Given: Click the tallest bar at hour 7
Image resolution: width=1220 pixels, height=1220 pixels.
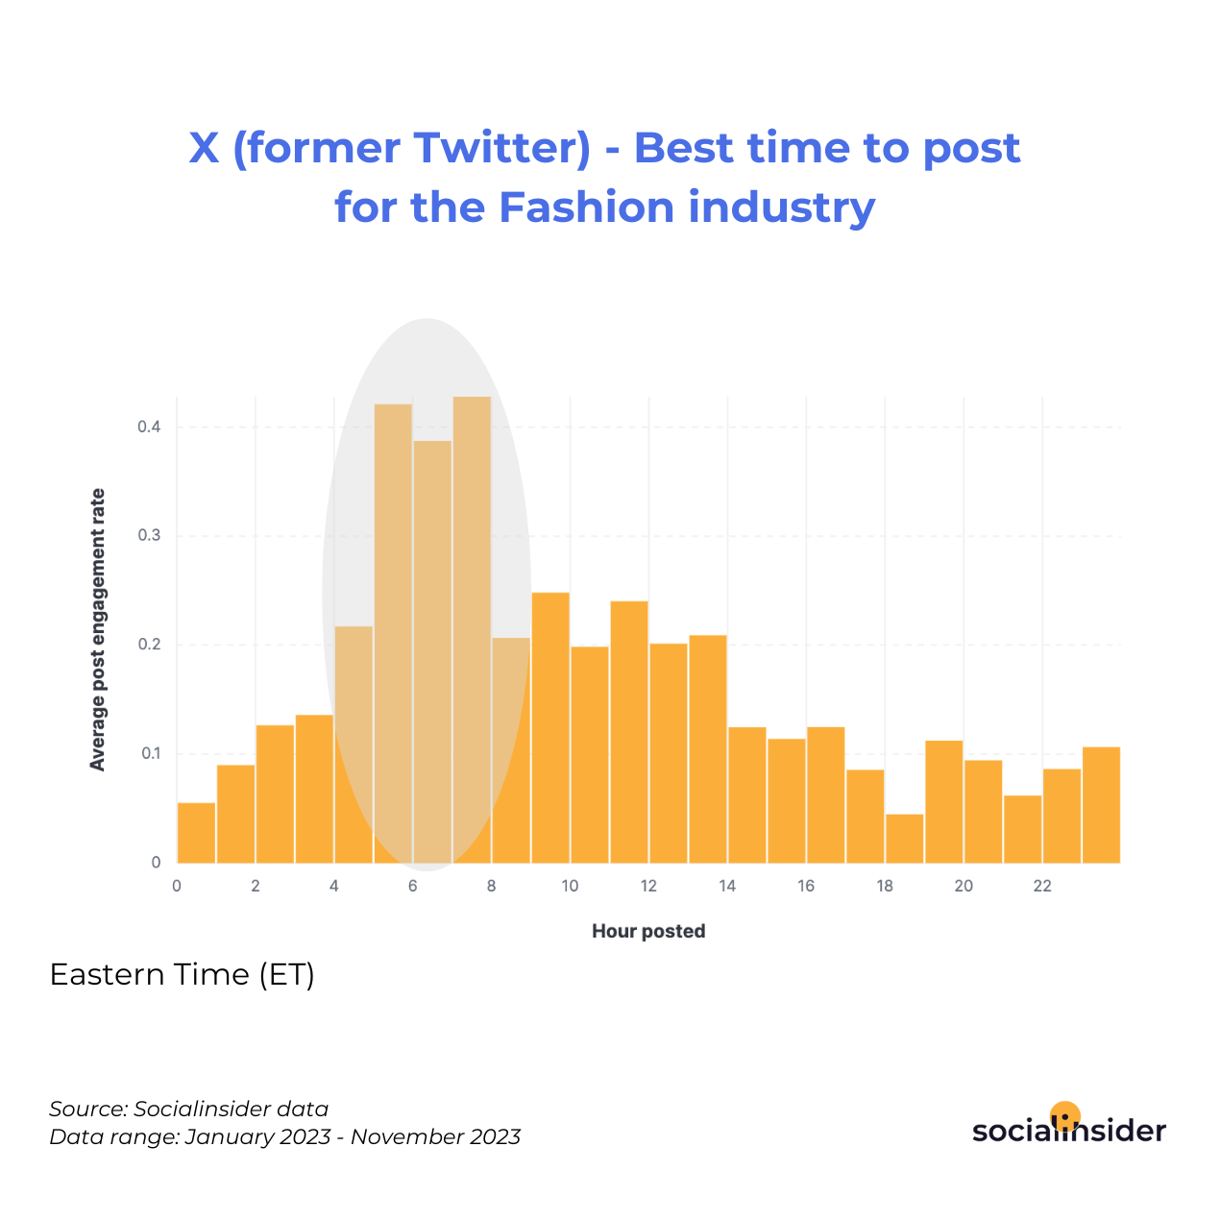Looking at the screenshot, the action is point(472,629).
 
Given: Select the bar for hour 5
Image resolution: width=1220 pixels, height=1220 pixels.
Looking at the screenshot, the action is point(393,633).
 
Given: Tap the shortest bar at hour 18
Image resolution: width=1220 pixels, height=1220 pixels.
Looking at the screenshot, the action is point(904,839).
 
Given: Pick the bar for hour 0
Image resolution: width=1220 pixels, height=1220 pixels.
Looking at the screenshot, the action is point(196,833).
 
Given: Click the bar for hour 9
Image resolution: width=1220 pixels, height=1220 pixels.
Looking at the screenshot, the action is point(550,727).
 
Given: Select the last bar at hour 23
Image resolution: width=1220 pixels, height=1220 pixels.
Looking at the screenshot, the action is point(1101,805).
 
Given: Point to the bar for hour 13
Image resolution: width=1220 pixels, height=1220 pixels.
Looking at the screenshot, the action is point(708,749).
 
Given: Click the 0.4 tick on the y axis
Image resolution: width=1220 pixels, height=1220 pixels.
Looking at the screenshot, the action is point(150,427).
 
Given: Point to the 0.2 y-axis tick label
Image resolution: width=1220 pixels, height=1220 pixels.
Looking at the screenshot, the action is point(150,645).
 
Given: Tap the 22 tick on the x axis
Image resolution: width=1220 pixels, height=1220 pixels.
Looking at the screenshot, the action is point(1042,886).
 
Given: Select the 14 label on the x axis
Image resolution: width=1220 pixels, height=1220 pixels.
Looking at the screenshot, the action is point(727,886).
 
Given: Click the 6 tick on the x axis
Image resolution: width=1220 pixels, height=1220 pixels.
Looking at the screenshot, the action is point(413,886).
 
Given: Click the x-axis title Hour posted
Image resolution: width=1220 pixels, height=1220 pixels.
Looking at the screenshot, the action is point(648,931).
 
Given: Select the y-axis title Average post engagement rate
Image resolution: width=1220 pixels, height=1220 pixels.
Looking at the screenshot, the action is point(97,630).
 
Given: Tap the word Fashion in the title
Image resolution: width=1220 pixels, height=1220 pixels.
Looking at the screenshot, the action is point(587,207).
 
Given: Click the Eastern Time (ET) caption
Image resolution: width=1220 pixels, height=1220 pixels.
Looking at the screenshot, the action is point(183,975).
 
